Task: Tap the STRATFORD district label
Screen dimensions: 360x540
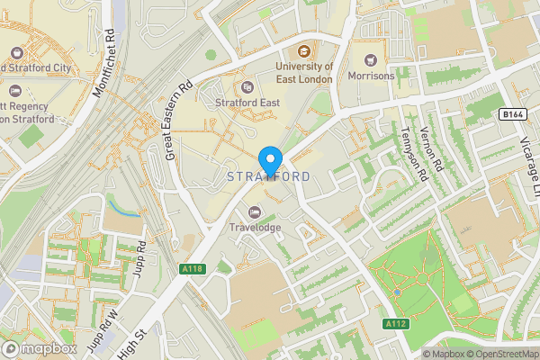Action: coord(269,175)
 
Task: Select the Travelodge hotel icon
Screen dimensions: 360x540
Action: coord(254,212)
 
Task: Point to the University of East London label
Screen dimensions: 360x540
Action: coord(304,73)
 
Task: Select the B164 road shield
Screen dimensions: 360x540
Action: coord(512,114)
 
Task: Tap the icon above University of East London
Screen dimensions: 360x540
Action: coord(304,51)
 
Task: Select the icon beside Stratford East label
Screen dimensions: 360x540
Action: coord(248,87)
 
